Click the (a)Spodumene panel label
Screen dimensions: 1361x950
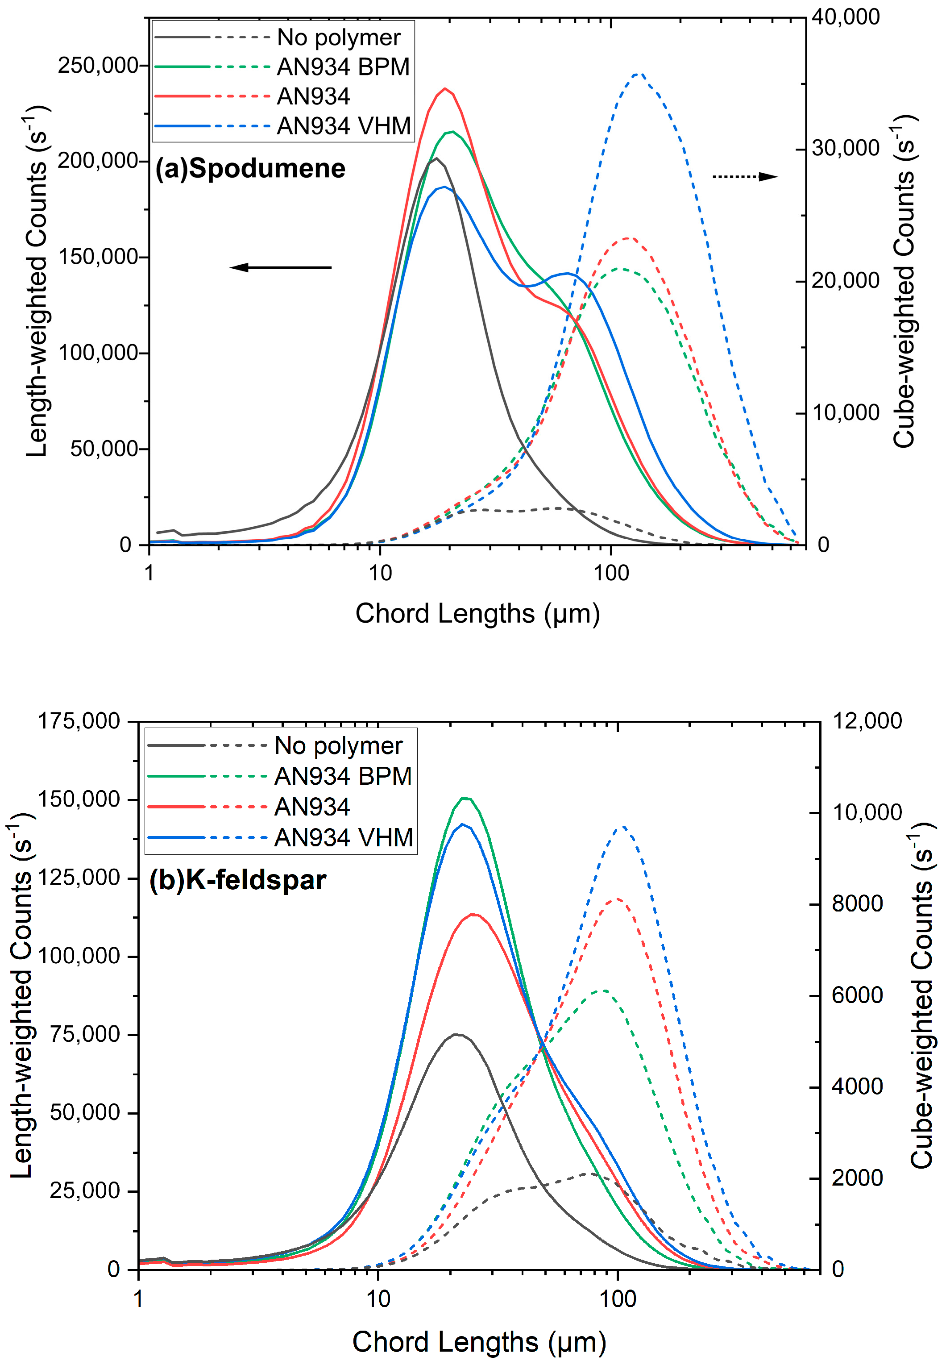point(250,169)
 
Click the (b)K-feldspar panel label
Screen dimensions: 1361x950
point(238,880)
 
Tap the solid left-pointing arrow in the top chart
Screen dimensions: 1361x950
point(280,267)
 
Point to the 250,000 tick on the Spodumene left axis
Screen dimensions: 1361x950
point(98,65)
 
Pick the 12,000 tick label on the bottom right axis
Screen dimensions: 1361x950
point(867,721)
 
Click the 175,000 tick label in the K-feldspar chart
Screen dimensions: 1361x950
point(79,721)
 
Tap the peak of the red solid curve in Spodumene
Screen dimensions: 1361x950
point(444,89)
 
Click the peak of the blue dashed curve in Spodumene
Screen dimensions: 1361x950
point(638,74)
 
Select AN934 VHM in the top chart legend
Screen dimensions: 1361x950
point(344,126)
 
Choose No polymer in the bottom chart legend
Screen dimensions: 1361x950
point(338,746)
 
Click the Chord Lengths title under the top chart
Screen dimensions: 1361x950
point(477,613)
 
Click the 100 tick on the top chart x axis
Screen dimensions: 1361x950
point(611,573)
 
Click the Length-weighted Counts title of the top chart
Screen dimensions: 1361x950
point(37,282)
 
